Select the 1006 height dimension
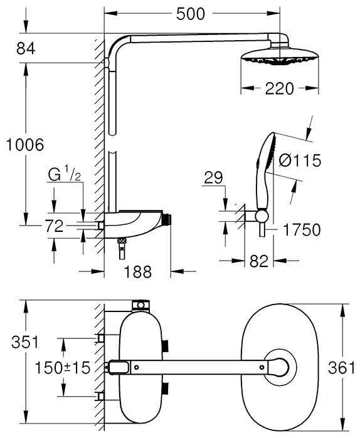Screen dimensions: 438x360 tap(22, 145)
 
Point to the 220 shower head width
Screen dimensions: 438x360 tap(278, 88)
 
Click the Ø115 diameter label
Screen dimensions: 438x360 tap(299, 161)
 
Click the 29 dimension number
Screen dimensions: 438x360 tap(214, 179)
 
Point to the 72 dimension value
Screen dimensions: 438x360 tap(53, 226)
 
